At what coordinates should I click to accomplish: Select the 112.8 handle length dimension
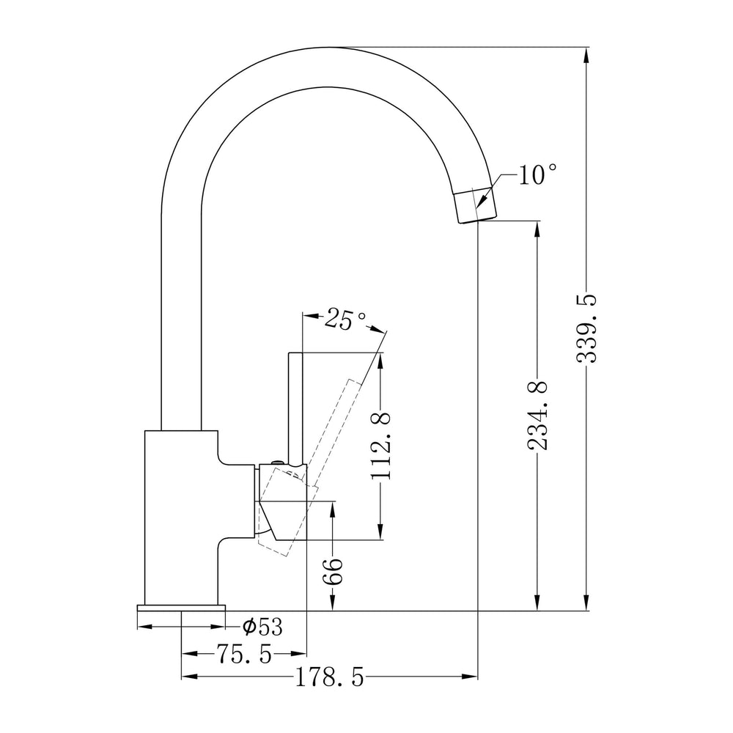point(381,446)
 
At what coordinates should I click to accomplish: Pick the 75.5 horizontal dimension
point(243,652)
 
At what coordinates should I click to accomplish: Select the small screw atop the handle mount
point(276,461)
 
